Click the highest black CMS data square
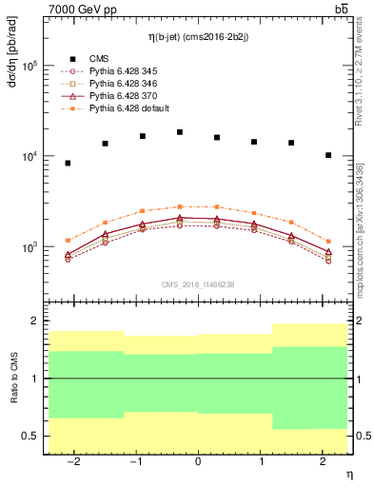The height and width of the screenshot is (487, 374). pyautogui.click(x=180, y=132)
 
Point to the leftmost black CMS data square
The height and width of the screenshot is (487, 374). pyautogui.click(x=68, y=164)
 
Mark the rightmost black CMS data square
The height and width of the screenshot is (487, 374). pyautogui.click(x=328, y=155)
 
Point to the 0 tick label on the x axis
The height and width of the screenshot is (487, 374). pyautogui.click(x=198, y=461)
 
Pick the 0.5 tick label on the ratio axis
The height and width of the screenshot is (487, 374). pyautogui.click(x=30, y=436)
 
